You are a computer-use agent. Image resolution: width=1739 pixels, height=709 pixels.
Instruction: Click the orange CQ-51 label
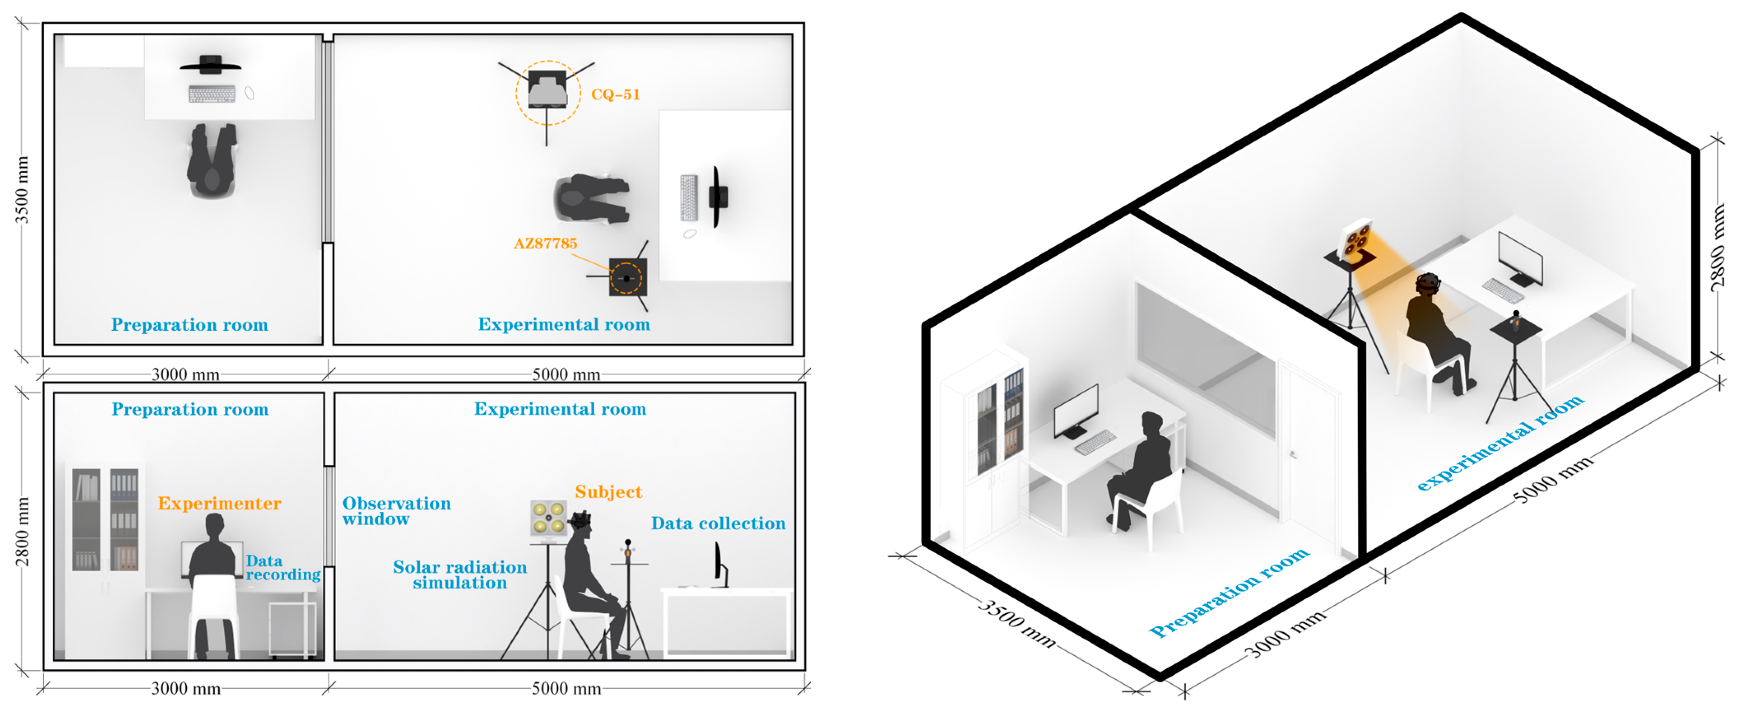click(615, 94)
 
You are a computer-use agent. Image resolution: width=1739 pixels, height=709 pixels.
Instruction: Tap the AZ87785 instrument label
click(545, 244)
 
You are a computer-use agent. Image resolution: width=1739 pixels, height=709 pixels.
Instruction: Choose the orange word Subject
click(608, 492)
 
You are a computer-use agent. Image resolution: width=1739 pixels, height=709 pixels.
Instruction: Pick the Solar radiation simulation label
click(460, 575)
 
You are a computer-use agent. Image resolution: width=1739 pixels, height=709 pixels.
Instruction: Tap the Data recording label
click(282, 568)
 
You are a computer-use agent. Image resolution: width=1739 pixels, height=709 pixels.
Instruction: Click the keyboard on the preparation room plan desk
click(212, 94)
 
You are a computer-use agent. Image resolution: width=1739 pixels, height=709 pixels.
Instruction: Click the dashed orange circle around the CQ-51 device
click(547, 93)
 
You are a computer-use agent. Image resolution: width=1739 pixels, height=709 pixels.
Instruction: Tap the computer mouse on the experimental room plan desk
click(689, 234)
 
